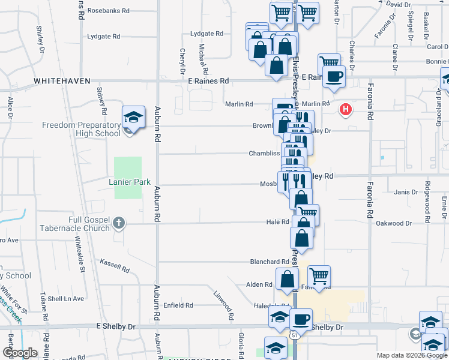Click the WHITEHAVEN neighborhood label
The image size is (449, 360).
pyautogui.click(x=62, y=81)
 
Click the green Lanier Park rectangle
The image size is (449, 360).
pyautogui.click(x=128, y=178)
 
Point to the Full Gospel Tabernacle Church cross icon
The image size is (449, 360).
pyautogui.click(x=119, y=223)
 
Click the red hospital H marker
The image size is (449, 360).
pyautogui.click(x=346, y=109)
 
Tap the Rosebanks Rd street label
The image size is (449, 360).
pyautogui.click(x=109, y=11)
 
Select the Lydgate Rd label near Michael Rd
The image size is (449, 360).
pyautogui.click(x=206, y=34)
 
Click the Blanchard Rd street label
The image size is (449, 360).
pyautogui.click(x=270, y=262)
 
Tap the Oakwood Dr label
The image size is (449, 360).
pyautogui.click(x=394, y=224)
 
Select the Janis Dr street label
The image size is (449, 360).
pyautogui.click(x=406, y=192)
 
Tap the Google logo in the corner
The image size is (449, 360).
pyautogui.click(x=20, y=353)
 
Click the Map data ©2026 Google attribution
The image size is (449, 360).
pyautogui.click(x=411, y=355)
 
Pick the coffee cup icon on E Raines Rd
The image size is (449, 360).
pyautogui.click(x=334, y=76)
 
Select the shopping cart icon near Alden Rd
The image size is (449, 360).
pyautogui.click(x=319, y=276)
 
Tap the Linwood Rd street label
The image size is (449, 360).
pyautogui.click(x=224, y=302)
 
